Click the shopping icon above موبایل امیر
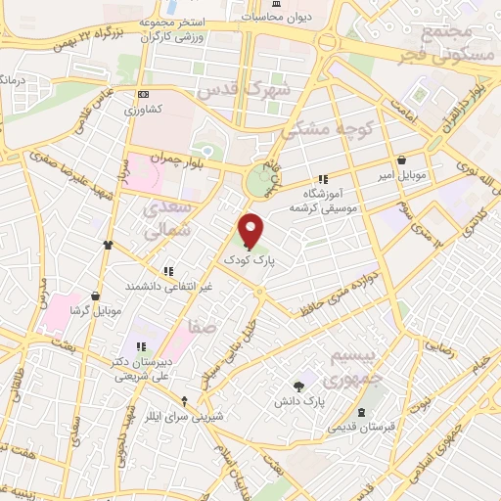[x=402, y=160]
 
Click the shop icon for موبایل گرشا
[x=95, y=295]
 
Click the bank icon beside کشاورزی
[x=144, y=94]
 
